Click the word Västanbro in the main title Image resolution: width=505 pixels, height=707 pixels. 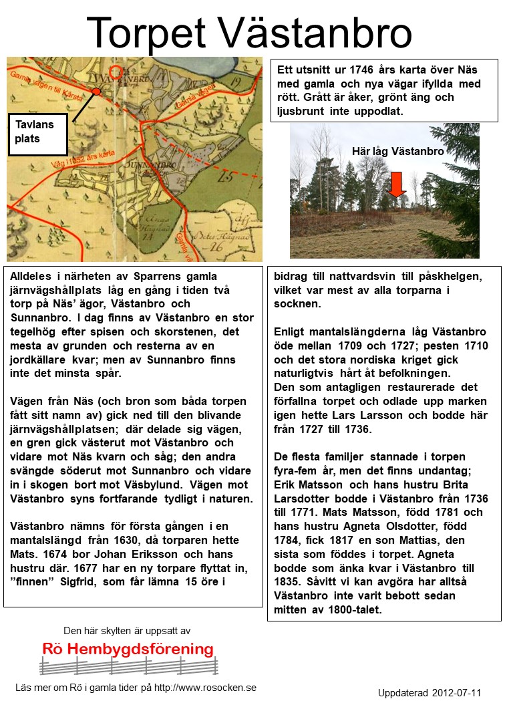coord(314,32)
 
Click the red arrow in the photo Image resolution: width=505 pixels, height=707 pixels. coord(397,184)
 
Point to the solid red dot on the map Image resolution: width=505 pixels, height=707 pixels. coord(97,92)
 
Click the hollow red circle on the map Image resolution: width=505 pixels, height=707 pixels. coord(116,73)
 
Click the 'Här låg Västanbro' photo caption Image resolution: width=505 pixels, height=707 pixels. coord(397,152)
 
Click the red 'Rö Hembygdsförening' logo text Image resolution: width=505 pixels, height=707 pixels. coord(128,649)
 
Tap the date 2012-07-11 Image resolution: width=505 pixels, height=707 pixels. coord(456,692)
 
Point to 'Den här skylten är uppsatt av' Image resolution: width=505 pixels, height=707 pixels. coord(127,630)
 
